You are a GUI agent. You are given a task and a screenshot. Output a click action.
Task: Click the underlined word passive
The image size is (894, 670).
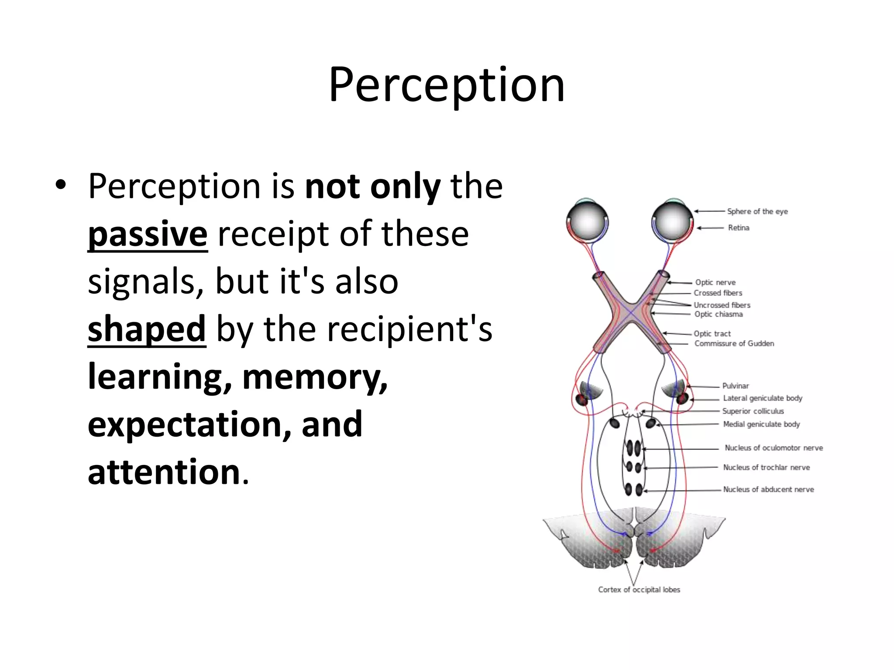(x=148, y=235)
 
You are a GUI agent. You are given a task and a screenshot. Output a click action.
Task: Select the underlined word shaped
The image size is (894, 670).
(x=147, y=329)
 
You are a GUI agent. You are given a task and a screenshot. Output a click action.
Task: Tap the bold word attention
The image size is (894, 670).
(x=164, y=472)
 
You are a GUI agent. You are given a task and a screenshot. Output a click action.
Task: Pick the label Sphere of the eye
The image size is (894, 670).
(x=757, y=212)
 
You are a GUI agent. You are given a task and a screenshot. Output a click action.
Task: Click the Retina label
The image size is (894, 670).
(x=739, y=228)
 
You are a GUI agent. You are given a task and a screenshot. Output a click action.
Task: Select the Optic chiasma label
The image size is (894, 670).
(x=719, y=314)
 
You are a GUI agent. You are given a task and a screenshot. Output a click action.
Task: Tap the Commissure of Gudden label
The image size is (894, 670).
(x=734, y=344)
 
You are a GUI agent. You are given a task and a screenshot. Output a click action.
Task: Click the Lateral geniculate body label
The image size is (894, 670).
(x=763, y=398)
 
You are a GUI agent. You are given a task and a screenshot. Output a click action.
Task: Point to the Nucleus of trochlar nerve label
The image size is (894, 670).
(x=766, y=468)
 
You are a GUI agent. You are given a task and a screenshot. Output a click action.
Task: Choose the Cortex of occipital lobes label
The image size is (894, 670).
(x=639, y=590)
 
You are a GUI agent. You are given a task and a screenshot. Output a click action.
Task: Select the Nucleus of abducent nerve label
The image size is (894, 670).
(x=768, y=489)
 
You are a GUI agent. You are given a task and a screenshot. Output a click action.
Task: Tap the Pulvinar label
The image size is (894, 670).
(x=736, y=386)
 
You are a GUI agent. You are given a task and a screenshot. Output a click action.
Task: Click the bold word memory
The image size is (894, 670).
(x=314, y=377)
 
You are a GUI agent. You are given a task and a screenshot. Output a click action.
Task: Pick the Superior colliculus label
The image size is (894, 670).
(x=753, y=411)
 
